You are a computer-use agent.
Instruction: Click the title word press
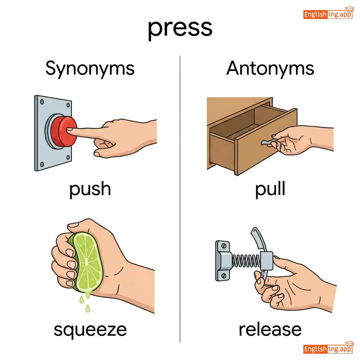(180, 29)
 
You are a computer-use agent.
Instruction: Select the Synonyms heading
(90, 69)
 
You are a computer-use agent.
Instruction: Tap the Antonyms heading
(270, 68)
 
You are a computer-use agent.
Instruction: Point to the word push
(90, 189)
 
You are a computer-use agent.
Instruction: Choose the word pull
(270, 188)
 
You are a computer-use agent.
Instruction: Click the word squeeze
(90, 330)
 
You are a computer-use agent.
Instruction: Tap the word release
(270, 329)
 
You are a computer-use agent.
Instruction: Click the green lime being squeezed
(86, 262)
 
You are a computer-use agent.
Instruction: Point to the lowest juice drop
(88, 308)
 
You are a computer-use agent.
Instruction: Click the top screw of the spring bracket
(223, 246)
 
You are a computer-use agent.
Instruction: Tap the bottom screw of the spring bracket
(223, 276)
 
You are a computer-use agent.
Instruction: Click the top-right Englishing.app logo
(328, 13)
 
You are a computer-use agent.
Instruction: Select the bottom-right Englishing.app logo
(328, 348)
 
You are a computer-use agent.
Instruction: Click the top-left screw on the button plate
(42, 102)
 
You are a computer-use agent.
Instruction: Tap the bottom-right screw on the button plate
(68, 158)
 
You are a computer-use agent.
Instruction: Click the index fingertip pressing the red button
(69, 130)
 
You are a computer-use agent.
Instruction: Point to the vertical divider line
(180, 199)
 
